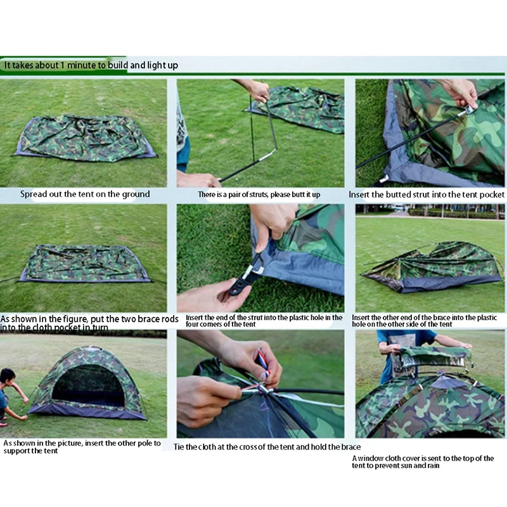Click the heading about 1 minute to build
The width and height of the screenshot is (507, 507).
tap(91, 65)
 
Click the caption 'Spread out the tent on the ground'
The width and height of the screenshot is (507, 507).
tap(85, 194)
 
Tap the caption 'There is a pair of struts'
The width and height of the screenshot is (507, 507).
tap(259, 195)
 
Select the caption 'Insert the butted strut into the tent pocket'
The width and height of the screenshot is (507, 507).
tap(427, 195)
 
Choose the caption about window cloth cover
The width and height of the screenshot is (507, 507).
tap(423, 461)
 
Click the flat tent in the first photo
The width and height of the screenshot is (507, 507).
tap(85, 138)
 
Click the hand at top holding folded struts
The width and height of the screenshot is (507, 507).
tap(257, 89)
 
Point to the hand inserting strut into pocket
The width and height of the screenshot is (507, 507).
tap(459, 93)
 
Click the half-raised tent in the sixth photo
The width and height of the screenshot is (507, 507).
tap(430, 266)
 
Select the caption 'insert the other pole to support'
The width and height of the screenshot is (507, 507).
tap(82, 447)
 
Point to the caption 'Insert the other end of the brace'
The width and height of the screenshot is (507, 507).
tap(425, 321)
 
